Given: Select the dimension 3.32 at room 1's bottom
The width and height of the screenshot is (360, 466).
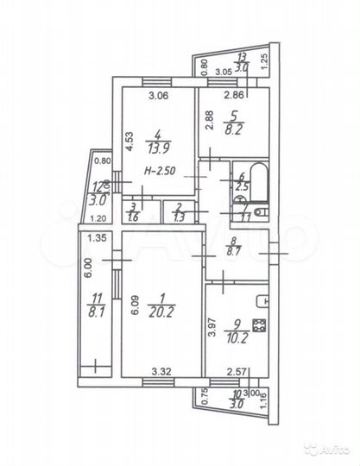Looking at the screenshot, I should (x=161, y=372).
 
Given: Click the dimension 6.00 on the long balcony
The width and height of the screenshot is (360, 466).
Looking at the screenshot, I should (x=87, y=274).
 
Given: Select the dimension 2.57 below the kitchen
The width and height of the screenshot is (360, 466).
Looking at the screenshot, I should (x=225, y=372).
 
